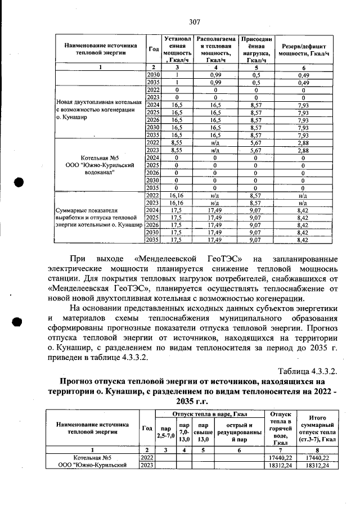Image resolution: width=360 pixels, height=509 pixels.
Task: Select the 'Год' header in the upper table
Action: point(152,48)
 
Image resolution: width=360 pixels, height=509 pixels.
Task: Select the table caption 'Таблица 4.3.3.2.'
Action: point(308,372)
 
